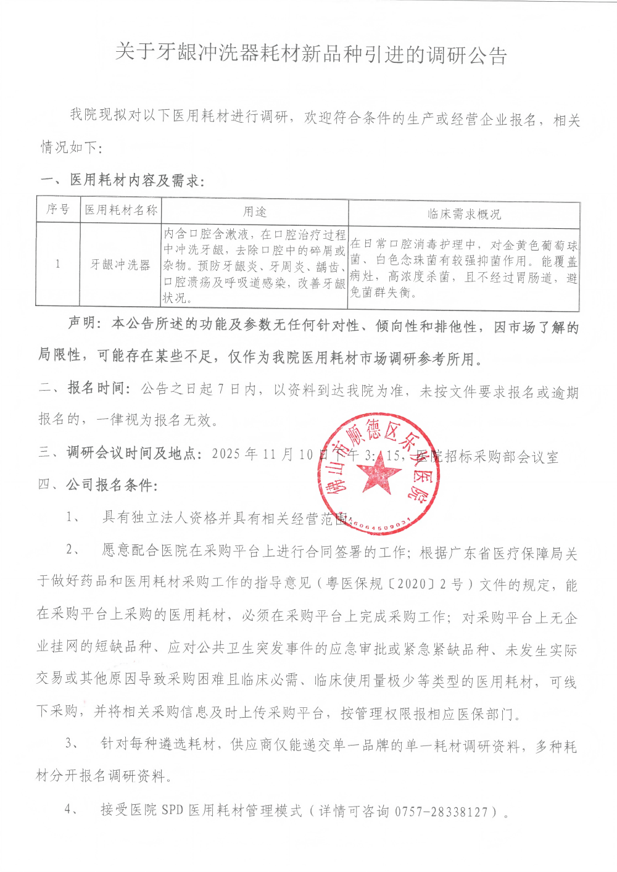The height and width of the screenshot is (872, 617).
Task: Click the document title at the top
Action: click(x=311, y=54)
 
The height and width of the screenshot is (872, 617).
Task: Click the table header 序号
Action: click(x=58, y=210)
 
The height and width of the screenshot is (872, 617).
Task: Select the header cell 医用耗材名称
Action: click(x=121, y=210)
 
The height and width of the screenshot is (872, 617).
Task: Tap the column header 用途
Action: click(x=254, y=212)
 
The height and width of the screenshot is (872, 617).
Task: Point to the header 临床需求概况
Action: click(x=464, y=214)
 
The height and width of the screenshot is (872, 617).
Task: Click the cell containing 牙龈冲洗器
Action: click(x=120, y=265)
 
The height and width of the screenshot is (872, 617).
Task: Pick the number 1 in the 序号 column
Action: click(x=58, y=264)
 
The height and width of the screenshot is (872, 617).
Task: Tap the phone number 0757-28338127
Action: click(x=441, y=812)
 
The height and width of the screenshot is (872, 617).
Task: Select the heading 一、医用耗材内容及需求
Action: click(x=122, y=180)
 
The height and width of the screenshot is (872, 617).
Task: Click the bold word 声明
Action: click(x=83, y=323)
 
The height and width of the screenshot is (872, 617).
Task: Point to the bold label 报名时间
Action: click(x=96, y=388)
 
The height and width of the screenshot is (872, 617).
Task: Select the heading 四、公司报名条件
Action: click(x=97, y=485)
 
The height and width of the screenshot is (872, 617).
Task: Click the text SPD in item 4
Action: click(x=172, y=810)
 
